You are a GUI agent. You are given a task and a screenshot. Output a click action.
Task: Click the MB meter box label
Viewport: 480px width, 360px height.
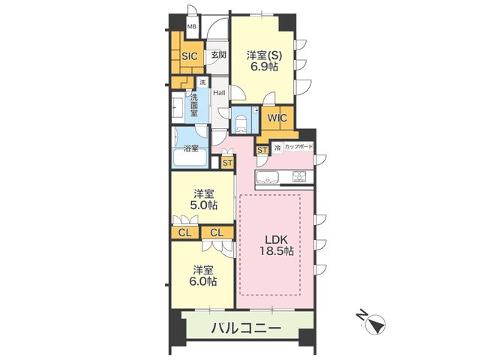point(192,26)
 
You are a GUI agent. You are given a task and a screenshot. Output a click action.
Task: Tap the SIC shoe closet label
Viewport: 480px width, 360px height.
point(190,56)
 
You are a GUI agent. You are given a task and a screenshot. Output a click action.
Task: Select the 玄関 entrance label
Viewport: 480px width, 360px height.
point(219,55)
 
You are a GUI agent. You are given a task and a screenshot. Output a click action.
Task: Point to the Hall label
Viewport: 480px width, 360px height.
point(219,92)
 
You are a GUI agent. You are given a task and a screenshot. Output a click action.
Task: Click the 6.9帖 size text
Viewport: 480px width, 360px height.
point(265,67)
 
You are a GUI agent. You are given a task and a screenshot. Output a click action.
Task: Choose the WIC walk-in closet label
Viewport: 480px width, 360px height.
point(277,118)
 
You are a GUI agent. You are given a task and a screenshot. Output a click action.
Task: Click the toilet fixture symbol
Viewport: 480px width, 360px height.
point(241,124)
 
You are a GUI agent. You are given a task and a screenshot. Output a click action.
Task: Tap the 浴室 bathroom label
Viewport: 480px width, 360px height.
point(191,148)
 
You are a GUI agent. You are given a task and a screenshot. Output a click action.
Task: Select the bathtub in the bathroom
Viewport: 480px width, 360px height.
point(190,157)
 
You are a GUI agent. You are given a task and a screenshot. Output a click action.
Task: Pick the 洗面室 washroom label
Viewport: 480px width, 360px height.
point(194,105)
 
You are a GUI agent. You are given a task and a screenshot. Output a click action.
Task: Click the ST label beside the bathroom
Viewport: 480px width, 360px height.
point(227,163)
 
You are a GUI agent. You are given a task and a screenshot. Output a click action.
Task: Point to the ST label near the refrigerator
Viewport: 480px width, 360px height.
point(262,150)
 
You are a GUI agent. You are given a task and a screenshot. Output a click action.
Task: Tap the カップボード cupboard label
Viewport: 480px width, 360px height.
point(298,147)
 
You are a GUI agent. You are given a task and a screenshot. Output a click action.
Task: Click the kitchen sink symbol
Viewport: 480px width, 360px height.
point(267,177)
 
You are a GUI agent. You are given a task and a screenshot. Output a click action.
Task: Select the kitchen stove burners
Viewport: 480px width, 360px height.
point(300,177)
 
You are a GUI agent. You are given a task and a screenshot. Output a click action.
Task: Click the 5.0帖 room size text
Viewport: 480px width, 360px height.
point(203,205)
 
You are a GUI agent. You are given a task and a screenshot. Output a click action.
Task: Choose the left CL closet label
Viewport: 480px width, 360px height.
point(185,233)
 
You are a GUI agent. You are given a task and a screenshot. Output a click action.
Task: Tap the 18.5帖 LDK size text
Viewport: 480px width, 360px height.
point(277,251)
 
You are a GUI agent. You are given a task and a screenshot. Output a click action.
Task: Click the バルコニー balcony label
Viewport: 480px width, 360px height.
point(246,328)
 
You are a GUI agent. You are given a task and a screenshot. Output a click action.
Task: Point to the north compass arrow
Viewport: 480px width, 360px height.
point(375,323)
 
